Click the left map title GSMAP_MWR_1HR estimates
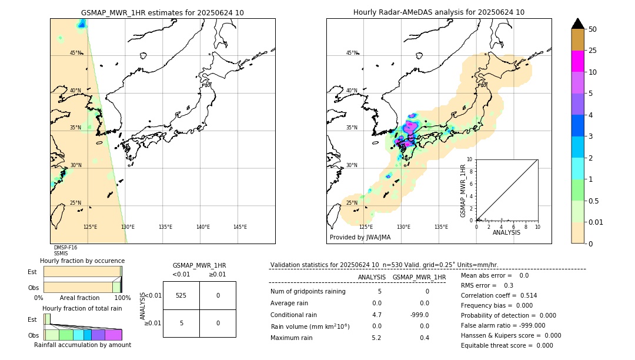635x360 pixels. click(x=162, y=12)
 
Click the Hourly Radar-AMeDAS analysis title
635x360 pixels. click(x=439, y=12)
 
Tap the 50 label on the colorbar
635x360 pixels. click(x=593, y=29)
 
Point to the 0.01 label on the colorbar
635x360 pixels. click(x=596, y=222)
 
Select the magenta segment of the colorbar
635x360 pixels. click(x=577, y=61)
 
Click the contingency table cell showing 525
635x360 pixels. click(x=181, y=295)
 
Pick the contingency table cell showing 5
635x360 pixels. click(x=181, y=323)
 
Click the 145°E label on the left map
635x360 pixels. click(x=240, y=227)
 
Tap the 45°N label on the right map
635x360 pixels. click(x=352, y=53)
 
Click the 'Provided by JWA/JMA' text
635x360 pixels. click(x=360, y=238)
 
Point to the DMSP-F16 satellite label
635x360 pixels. click(x=65, y=248)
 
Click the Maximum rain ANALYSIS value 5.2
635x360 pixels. click(x=376, y=338)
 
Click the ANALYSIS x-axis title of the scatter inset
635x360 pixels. click(x=506, y=232)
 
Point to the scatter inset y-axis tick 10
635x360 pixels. click(x=470, y=159)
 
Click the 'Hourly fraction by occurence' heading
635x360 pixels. click(x=82, y=261)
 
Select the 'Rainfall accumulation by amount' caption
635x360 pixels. click(x=82, y=345)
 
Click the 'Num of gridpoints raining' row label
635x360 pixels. click(x=308, y=291)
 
